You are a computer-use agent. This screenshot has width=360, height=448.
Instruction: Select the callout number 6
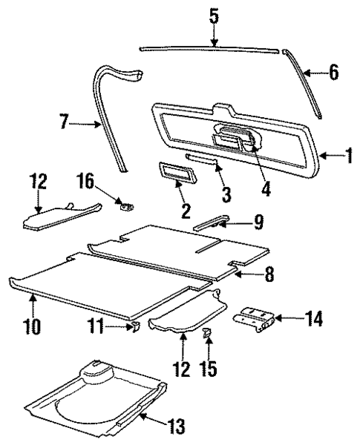[333, 72]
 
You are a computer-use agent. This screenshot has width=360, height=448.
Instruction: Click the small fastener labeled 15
[208, 334]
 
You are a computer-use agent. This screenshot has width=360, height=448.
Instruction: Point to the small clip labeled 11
[136, 326]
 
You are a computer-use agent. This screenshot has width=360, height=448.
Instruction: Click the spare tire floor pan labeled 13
[96, 401]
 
